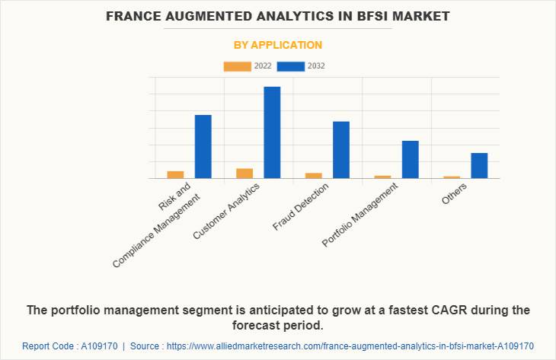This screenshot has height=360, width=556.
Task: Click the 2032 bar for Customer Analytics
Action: coord(272,132)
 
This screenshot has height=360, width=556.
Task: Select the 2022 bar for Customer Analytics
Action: coord(244,174)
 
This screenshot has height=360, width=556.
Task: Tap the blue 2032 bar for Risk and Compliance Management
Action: coord(203,146)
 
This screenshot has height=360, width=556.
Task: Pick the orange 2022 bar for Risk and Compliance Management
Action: coord(175,175)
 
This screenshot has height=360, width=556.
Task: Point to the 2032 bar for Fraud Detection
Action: coord(341,150)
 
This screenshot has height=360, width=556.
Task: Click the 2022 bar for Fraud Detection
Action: coord(314,176)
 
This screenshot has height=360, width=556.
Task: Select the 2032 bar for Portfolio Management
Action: coord(411,160)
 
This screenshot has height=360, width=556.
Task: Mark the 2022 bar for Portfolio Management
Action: coord(382,177)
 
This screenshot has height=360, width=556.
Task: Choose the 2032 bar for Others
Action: coord(479,166)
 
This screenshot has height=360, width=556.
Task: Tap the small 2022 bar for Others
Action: coord(452,177)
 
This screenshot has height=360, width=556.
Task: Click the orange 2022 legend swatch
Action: coord(237,66)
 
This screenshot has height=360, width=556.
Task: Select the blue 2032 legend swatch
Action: coord(291,66)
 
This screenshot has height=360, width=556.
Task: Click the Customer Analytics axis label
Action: coord(227,211)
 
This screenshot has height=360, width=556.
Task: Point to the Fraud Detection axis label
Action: coord(301,206)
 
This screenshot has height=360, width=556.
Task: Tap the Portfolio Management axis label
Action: coord(361,218)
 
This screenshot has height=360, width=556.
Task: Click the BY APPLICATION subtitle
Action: coord(277,45)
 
